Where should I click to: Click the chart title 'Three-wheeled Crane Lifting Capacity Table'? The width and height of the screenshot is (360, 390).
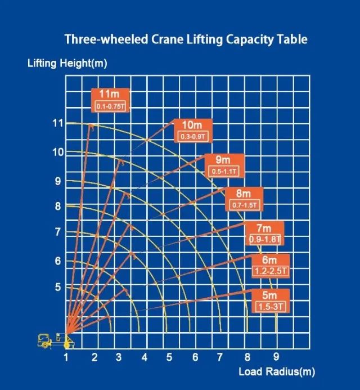click(x=186, y=40)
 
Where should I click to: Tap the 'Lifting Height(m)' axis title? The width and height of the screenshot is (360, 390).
click(x=67, y=64)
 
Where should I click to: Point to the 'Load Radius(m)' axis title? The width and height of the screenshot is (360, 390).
click(x=276, y=371)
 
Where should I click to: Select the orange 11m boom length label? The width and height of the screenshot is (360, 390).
click(x=111, y=94)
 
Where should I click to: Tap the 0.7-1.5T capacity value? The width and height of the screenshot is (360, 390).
click(x=245, y=205)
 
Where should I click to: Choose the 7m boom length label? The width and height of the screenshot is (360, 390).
click(x=264, y=228)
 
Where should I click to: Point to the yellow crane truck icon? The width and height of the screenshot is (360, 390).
click(x=52, y=340)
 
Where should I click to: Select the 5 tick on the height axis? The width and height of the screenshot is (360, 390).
click(x=57, y=287)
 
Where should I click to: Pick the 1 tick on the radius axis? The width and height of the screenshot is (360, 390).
click(x=66, y=356)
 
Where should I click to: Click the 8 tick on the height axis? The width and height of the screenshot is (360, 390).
click(x=57, y=206)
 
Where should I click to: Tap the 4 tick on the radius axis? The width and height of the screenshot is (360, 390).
click(x=145, y=356)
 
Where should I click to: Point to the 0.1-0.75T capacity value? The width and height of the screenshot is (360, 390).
click(x=111, y=106)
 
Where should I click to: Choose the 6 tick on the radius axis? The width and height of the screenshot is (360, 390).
click(x=195, y=356)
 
